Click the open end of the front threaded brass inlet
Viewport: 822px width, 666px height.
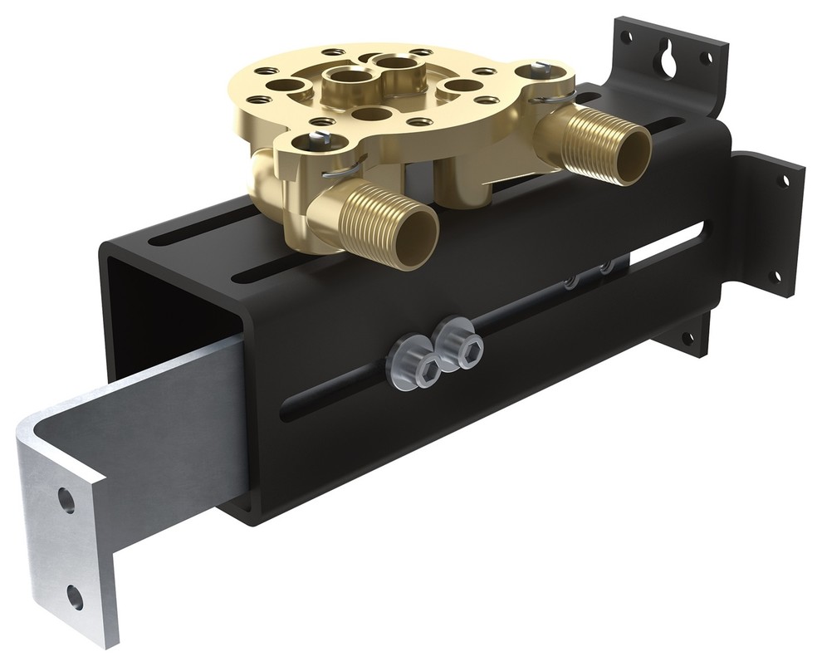click(414, 238)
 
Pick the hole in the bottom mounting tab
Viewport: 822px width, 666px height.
click(687, 338)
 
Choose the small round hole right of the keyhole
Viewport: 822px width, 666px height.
click(706, 58)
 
